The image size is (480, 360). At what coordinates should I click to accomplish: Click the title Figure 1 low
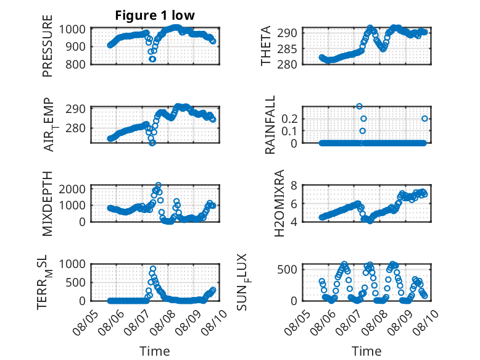[x=155, y=15]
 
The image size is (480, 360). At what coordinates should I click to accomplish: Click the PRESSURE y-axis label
[x=48, y=46]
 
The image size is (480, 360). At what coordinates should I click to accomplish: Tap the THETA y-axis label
[x=266, y=46]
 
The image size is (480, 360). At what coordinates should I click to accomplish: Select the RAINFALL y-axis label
[x=270, y=125]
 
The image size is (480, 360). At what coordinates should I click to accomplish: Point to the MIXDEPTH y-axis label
[x=48, y=204]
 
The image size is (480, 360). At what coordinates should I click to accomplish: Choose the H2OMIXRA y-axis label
[x=279, y=203]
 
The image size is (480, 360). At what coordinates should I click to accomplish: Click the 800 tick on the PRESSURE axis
[x=75, y=65]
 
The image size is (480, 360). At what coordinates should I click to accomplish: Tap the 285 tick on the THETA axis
[x=287, y=49]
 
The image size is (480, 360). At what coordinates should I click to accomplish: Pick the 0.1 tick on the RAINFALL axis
[x=289, y=131]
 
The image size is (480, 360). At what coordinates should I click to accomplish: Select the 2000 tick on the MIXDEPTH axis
[x=72, y=189]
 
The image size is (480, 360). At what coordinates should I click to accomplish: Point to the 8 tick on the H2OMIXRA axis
[x=294, y=185]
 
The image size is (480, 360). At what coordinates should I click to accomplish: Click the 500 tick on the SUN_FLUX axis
[x=287, y=270]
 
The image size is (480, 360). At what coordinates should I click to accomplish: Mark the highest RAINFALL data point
[x=360, y=106]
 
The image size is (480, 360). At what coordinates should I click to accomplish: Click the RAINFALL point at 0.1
[x=362, y=131]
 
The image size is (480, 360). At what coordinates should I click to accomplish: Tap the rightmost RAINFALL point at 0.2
[x=424, y=119]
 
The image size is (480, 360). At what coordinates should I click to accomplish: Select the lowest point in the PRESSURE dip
[x=152, y=59]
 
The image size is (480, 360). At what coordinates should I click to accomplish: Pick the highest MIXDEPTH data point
[x=159, y=185]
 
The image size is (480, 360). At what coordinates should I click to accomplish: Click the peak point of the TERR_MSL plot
[x=153, y=269]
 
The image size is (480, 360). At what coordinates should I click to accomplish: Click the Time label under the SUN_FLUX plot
[x=366, y=351]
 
